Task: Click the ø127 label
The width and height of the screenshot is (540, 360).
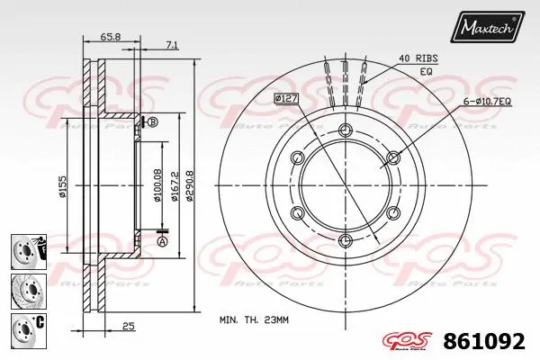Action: click(286, 97)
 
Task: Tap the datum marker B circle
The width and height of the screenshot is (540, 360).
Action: click(152, 121)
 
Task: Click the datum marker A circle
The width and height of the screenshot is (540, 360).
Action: click(162, 241)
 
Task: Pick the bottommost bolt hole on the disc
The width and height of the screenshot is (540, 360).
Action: click(344, 239)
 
